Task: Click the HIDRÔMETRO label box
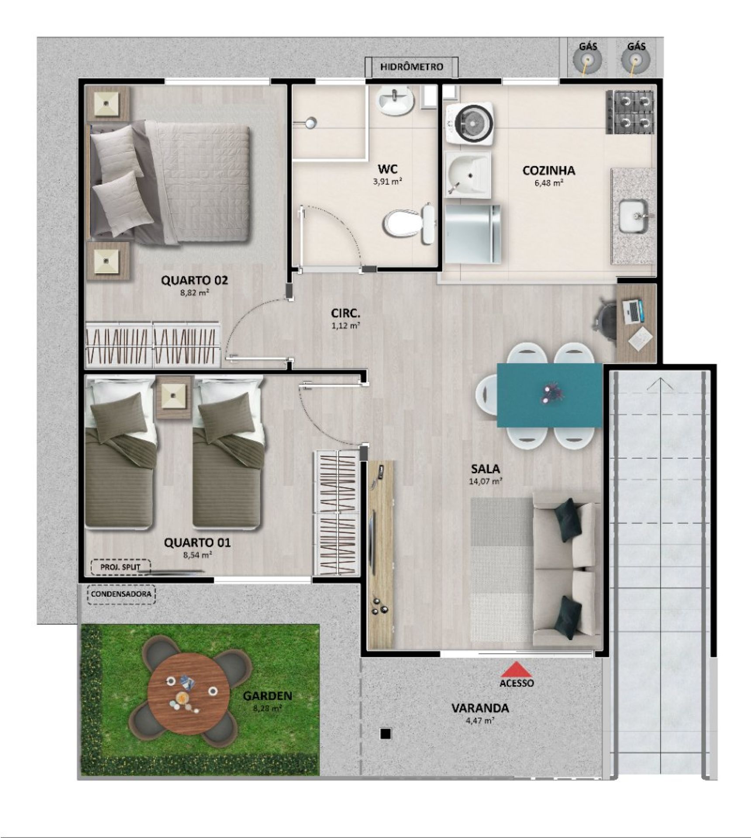tap(412, 67)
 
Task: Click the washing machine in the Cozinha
tap(469, 124)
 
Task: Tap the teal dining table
tap(550, 395)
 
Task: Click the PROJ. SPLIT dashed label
tap(120, 567)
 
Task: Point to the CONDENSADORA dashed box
tap(121, 594)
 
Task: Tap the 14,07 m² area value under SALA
tap(485, 481)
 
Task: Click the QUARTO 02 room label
tap(194, 280)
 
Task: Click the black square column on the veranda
tap(385, 734)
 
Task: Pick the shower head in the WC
tap(310, 123)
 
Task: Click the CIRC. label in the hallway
tap(346, 313)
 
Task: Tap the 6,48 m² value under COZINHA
tap(548, 183)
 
